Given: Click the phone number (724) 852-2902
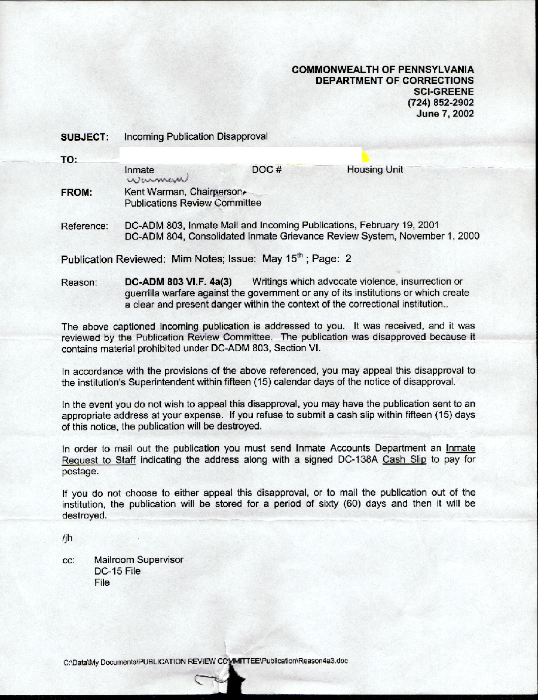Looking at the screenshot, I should (441, 103).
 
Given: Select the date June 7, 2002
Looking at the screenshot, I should (445, 114).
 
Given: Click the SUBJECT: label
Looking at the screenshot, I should (84, 137).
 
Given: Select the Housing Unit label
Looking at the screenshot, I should (375, 170).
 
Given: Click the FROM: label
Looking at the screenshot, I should (77, 192).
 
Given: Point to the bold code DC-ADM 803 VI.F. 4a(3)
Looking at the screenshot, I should (178, 282).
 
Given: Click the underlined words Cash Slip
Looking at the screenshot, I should (404, 460).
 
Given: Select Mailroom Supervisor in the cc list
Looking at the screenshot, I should (139, 560).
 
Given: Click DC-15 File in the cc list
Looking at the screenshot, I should (117, 571).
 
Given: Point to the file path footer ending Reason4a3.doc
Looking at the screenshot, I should (206, 661).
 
